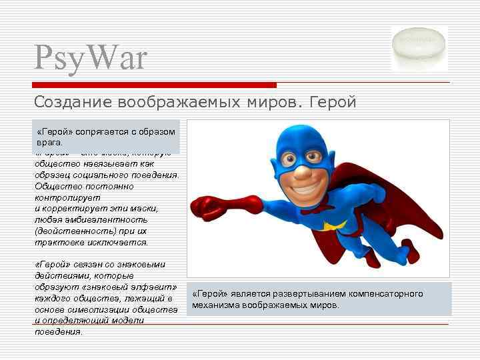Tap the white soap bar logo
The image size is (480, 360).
point(420,48)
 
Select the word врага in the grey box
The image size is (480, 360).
point(49,143)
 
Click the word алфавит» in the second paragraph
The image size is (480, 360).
point(155,287)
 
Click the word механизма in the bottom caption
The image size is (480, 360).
point(215,305)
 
